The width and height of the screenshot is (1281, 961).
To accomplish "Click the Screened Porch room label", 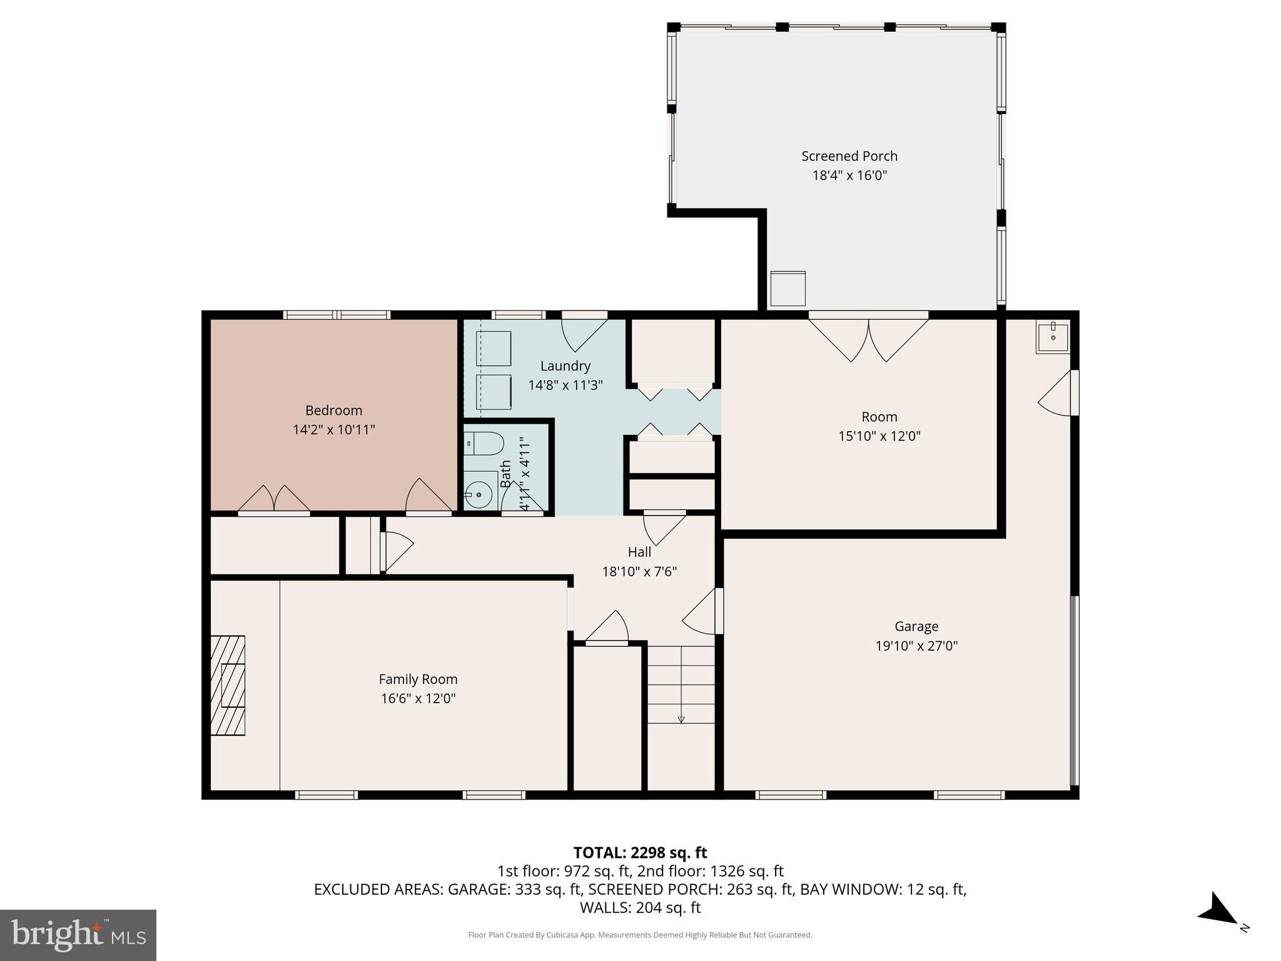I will [x=849, y=156].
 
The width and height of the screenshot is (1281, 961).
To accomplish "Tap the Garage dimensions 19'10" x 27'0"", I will [x=916, y=646].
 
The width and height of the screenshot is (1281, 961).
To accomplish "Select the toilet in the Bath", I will [x=485, y=444].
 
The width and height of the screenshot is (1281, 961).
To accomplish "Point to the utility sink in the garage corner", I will [x=1053, y=338].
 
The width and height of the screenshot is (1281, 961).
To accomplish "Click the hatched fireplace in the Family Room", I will [x=228, y=685].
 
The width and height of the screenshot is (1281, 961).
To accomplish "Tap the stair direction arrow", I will [x=681, y=719].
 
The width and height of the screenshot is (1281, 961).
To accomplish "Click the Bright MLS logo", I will [x=78, y=935].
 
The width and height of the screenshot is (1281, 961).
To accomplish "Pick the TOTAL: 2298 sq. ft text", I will [x=640, y=853].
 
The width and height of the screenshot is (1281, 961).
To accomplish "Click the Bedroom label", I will [x=333, y=410].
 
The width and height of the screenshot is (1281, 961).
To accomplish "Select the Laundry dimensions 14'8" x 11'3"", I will [x=565, y=385].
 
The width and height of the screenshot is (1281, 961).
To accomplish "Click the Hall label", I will [x=639, y=552].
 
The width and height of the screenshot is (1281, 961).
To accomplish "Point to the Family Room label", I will [x=418, y=679].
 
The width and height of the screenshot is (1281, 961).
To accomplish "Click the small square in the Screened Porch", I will [x=787, y=288].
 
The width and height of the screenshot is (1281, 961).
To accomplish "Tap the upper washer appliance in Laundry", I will [x=494, y=348].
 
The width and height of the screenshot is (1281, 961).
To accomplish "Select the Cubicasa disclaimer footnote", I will [x=640, y=935].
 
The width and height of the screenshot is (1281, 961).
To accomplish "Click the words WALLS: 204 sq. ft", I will [x=640, y=907].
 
